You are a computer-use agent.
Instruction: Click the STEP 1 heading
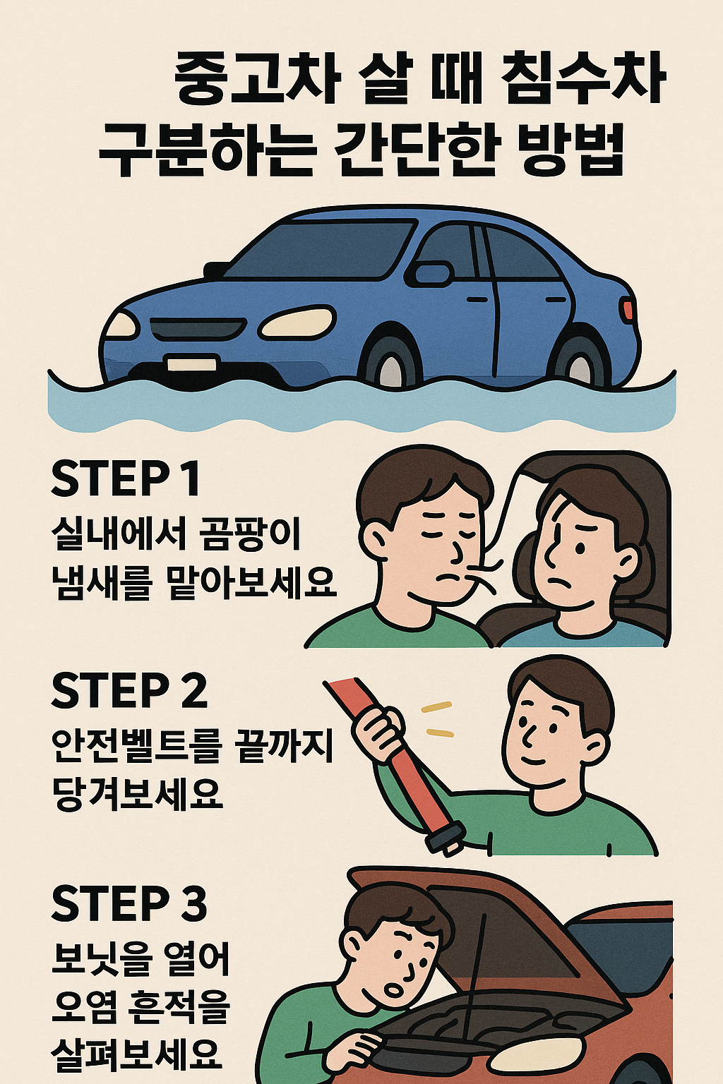tap(125, 479)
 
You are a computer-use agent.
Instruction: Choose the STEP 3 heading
tap(129, 903)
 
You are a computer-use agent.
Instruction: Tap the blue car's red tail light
tap(627, 309)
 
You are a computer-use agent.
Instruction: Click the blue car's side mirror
tap(432, 273)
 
